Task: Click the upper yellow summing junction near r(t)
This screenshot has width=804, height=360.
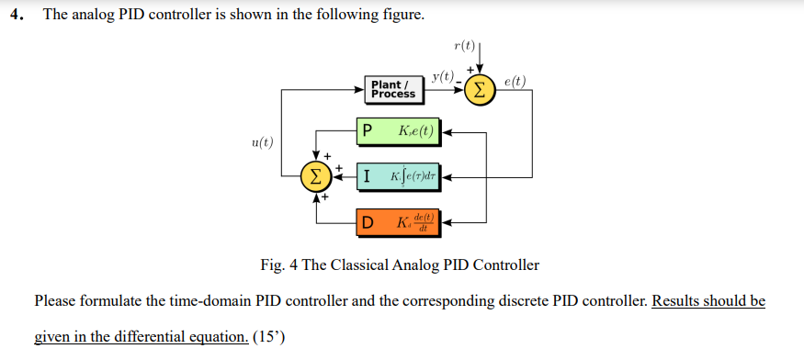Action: point(479,89)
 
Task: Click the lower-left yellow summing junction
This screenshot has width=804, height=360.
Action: point(316,174)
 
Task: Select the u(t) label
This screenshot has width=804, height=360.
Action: point(262,141)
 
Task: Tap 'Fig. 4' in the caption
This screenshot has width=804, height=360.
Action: point(279,265)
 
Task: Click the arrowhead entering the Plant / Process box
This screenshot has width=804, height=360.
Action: point(360,89)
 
